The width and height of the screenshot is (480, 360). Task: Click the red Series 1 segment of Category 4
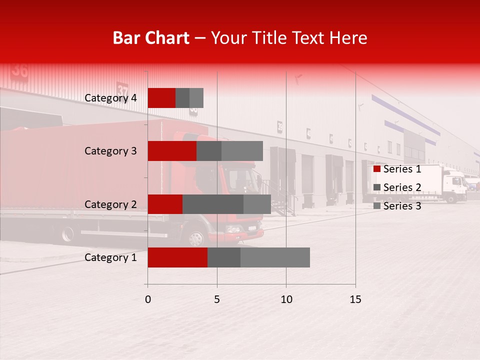pos(161,98)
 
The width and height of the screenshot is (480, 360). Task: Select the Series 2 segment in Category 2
pos(213,204)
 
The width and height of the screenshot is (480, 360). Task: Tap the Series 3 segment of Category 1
pos(275,257)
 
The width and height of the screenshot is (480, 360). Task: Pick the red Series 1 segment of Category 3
pos(172,151)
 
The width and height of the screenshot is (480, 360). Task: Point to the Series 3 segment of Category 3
pos(242,151)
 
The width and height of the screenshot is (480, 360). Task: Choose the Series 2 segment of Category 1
pos(224,257)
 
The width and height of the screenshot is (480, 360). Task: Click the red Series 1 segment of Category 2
pos(165,204)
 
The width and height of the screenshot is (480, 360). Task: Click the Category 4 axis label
pos(110,98)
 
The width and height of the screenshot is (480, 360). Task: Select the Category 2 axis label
pos(110,204)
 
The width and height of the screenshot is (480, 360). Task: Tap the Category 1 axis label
pos(110,257)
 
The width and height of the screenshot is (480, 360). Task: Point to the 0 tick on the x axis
pos(148,299)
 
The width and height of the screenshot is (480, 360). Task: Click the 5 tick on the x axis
pos(217,299)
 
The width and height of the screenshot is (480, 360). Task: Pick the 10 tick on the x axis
pos(286,299)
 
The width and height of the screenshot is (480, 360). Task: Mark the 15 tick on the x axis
pos(355,299)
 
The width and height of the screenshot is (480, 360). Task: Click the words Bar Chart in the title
pos(151,38)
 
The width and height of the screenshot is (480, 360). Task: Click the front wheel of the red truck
pos(196,237)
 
